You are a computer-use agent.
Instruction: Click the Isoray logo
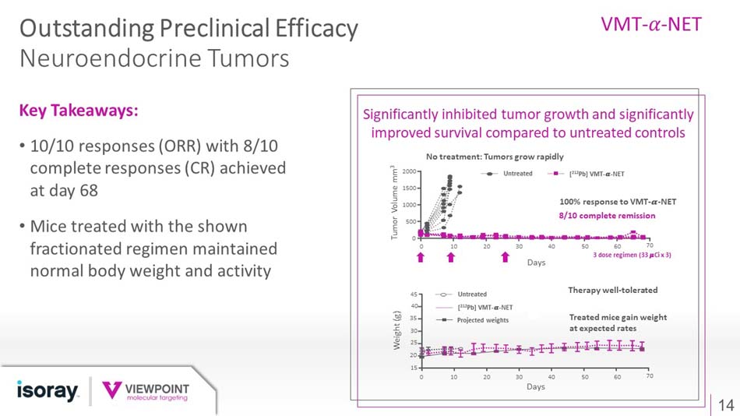48,390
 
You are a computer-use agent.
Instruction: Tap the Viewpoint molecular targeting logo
146,391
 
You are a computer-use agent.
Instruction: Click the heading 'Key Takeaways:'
79,111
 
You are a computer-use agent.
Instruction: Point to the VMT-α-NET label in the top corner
651,24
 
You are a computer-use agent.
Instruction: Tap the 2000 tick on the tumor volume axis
407,171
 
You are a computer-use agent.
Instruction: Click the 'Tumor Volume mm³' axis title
395,205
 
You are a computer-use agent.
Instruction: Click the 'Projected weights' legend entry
483,320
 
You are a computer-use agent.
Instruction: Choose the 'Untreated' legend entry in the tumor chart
517,173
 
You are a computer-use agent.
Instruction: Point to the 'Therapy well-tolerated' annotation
613,290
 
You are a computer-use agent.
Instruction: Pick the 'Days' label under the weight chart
535,386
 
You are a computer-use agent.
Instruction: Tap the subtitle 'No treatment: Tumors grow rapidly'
495,157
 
